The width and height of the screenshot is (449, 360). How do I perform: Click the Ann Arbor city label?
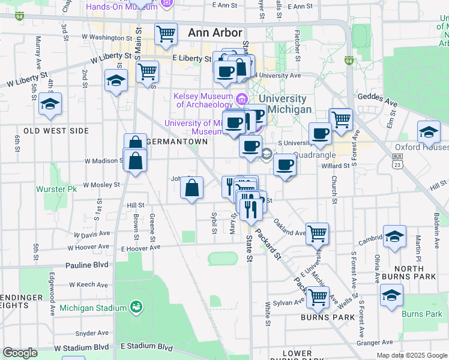point(215,33)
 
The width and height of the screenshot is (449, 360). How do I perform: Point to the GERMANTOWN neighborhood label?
point(177,142)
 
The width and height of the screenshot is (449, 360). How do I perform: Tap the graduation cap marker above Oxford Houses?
point(429,132)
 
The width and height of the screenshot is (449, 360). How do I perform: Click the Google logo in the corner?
point(20,353)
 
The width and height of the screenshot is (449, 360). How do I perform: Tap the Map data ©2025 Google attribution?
point(411,355)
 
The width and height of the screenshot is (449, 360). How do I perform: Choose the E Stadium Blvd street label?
point(146,347)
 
